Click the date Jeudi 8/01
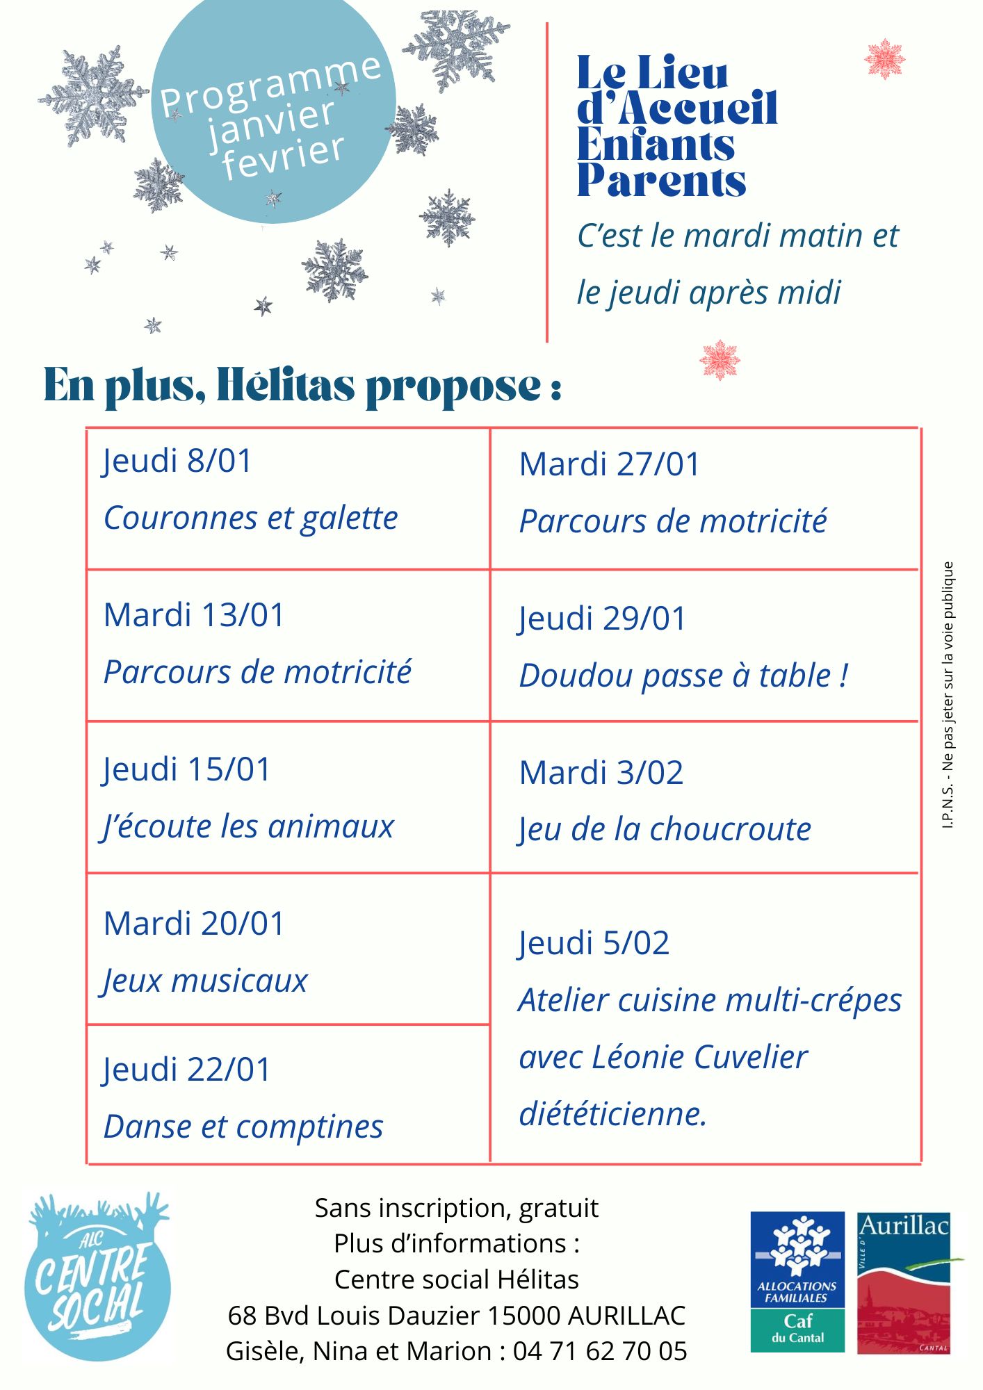click(177, 461)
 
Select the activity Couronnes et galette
click(250, 518)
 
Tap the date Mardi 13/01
click(194, 615)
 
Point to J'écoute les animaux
click(248, 826)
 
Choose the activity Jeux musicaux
click(205, 981)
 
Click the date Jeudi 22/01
click(186, 1070)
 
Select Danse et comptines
click(243, 1127)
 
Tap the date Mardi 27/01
click(610, 464)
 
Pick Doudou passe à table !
click(683, 676)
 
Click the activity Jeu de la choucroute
click(665, 829)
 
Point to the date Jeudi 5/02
click(594, 943)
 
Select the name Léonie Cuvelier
click(699, 1057)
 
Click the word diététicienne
click(612, 1114)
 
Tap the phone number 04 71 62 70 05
click(600, 1351)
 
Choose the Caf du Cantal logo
click(797, 1282)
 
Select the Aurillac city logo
click(904, 1283)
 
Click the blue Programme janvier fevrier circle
click(273, 111)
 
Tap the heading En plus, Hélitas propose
click(302, 385)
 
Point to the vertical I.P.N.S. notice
click(948, 695)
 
